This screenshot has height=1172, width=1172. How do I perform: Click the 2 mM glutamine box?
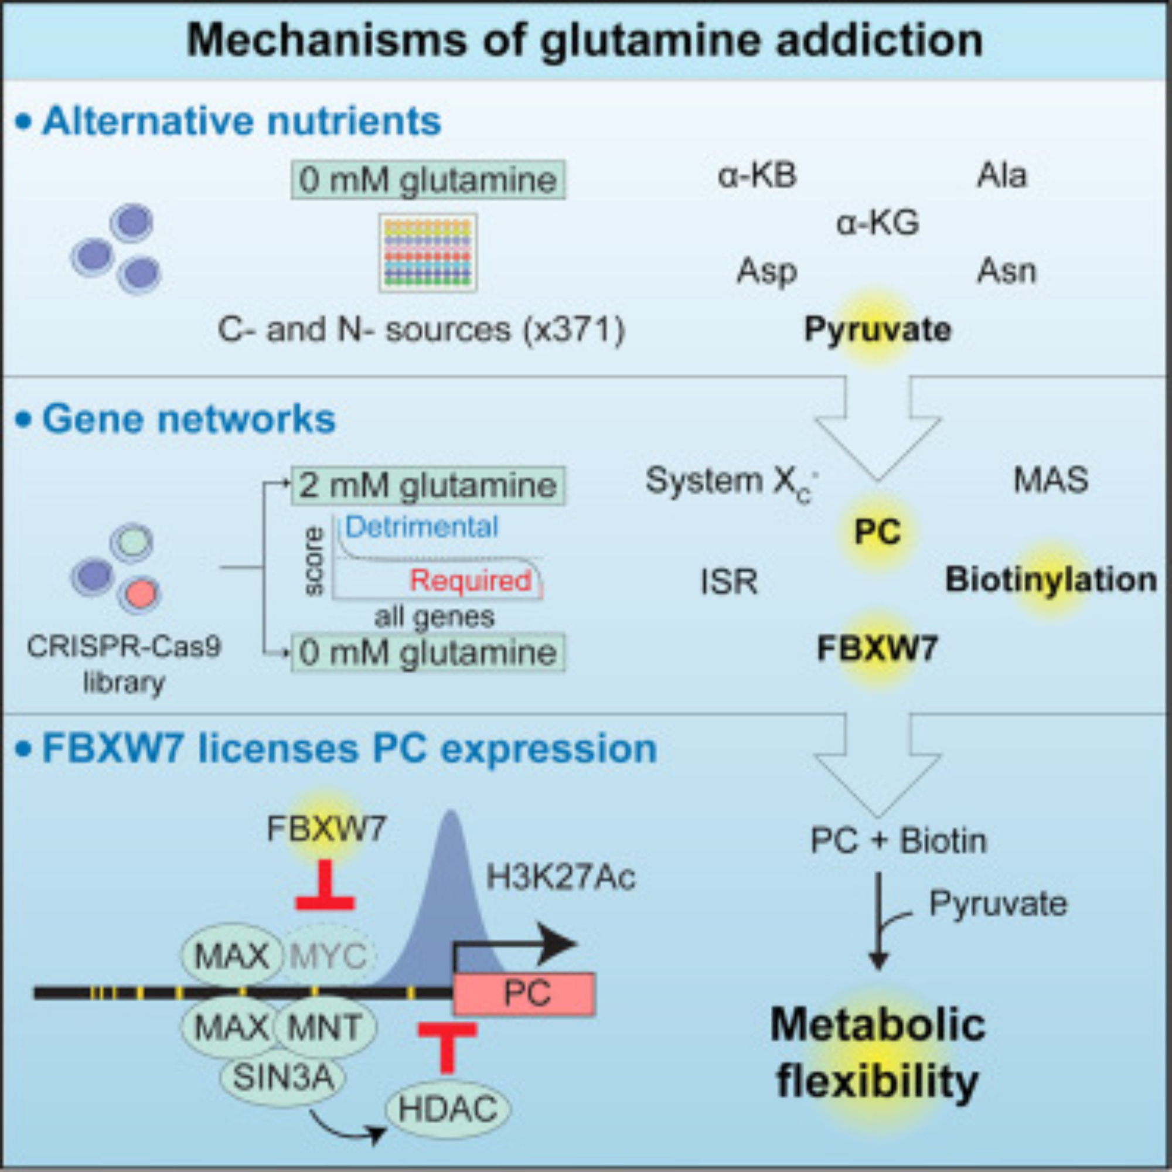pyautogui.click(x=428, y=485)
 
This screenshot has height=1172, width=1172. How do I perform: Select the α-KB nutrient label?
pyautogui.click(x=757, y=176)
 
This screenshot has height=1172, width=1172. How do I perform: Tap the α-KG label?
pyautogui.click(x=877, y=223)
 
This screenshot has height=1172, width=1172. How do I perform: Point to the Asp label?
pyautogui.click(x=766, y=271)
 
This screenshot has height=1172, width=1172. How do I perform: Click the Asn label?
pyautogui.click(x=1006, y=271)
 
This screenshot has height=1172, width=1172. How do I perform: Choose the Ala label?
pyautogui.click(x=1001, y=176)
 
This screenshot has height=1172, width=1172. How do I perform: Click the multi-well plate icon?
pyautogui.click(x=428, y=253)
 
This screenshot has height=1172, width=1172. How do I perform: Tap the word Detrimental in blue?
pyautogui.click(x=421, y=527)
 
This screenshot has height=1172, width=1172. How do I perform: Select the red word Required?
pyautogui.click(x=471, y=581)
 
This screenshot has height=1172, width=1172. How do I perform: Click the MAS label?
pyautogui.click(x=1051, y=480)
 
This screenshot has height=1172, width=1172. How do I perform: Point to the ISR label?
pyautogui.click(x=728, y=582)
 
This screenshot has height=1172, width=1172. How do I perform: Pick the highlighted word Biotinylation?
pyautogui.click(x=1051, y=580)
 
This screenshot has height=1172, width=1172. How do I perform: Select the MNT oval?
pyautogui.click(x=324, y=1027)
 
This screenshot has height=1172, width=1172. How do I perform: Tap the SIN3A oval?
pyautogui.click(x=282, y=1078)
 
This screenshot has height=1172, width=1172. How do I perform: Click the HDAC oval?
pyautogui.click(x=448, y=1109)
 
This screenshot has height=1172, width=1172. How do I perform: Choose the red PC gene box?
pyautogui.click(x=524, y=994)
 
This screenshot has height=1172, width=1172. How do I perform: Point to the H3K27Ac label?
pyautogui.click(x=561, y=877)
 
